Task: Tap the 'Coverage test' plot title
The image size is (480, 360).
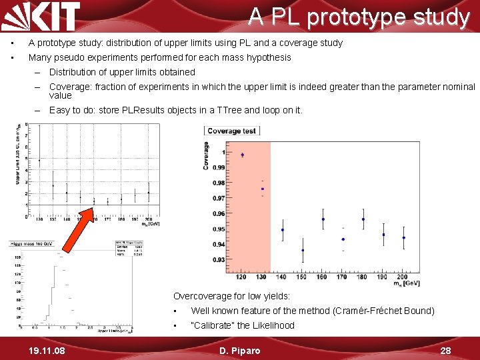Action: pos(231,131)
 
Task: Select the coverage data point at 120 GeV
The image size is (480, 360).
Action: pos(242,155)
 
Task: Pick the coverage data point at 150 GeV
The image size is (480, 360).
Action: pos(303,251)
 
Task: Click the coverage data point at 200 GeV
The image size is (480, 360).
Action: pos(403,238)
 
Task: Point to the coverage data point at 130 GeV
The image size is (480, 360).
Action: pos(263,189)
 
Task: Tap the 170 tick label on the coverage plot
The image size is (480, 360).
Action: pos(342,277)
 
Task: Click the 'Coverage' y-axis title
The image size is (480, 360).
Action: pos(207,155)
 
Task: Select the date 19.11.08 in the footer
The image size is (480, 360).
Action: pos(43,351)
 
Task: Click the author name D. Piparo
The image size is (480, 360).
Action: pos(239,351)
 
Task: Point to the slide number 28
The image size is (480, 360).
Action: pos(446,351)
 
